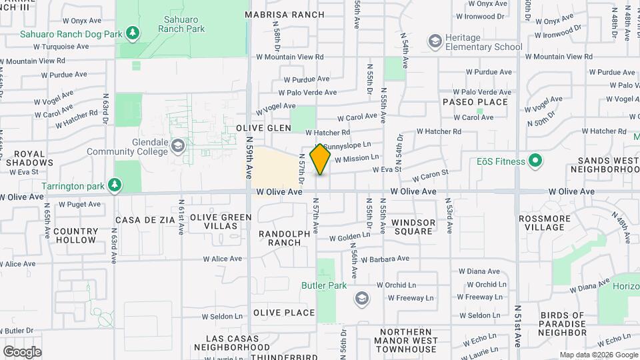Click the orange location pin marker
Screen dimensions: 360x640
pyautogui.click(x=321, y=159)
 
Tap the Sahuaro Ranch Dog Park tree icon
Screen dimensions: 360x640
pyautogui.click(x=133, y=32)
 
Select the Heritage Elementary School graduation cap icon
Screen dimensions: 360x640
pyautogui.click(x=435, y=42)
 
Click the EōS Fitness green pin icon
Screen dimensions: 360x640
pyautogui.click(x=535, y=161)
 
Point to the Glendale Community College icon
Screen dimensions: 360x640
pyautogui.click(x=178, y=145)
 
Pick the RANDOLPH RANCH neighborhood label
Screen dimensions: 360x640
pyautogui.click(x=285, y=238)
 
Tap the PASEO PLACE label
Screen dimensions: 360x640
pyautogui.click(x=475, y=102)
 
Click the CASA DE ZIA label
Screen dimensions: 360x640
pyautogui.click(x=145, y=219)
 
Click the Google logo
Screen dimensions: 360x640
pyautogui.click(x=22, y=351)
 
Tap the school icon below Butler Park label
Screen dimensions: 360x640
pyautogui.click(x=361, y=297)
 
